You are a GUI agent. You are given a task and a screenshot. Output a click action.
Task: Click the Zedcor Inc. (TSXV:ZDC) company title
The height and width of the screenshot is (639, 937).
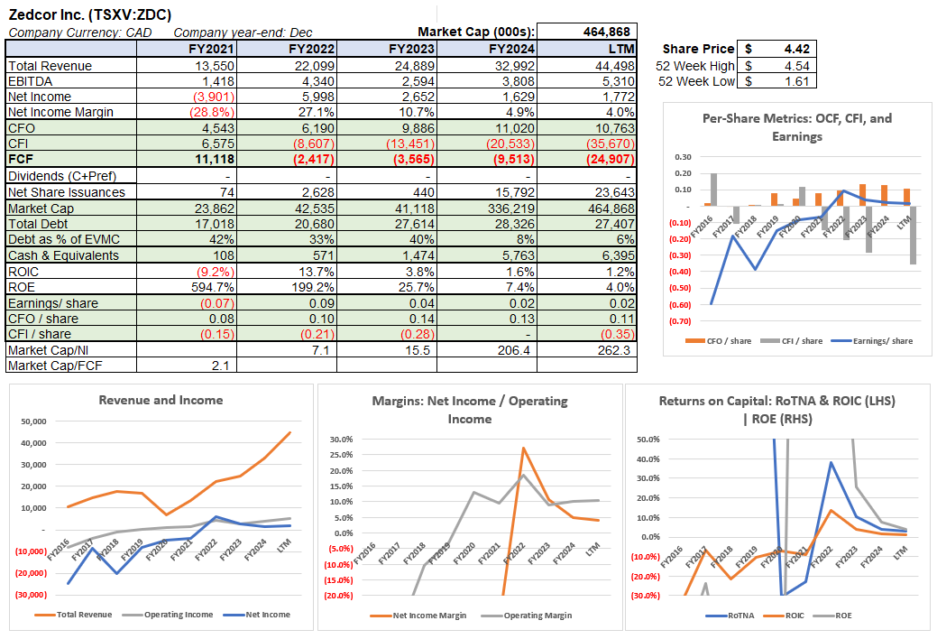point(88,14)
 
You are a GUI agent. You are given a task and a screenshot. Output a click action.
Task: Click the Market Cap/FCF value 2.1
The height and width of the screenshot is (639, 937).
point(226,365)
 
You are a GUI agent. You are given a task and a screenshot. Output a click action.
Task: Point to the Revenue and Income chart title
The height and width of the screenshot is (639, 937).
point(161,400)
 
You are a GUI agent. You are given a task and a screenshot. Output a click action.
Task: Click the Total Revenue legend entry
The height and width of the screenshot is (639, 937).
point(77,615)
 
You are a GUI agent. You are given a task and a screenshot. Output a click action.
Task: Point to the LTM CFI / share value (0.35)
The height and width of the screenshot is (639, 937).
point(618,334)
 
